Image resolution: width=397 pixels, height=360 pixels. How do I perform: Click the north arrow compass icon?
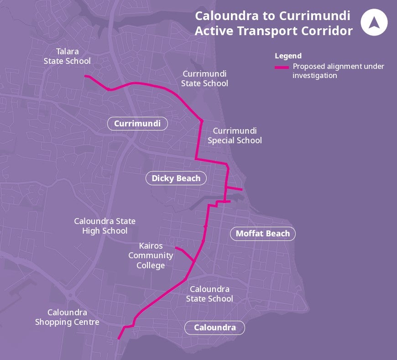click(x=374, y=22)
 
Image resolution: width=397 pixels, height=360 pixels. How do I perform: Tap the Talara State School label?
click(x=67, y=56)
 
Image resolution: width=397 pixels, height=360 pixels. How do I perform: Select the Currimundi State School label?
click(x=204, y=78)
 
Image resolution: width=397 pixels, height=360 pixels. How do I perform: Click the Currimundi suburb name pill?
click(x=137, y=124)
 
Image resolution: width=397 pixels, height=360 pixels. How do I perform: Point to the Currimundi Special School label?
click(x=235, y=136)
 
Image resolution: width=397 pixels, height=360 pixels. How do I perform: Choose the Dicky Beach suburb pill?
click(x=176, y=178)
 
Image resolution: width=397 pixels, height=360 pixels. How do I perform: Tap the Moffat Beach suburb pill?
click(x=262, y=234)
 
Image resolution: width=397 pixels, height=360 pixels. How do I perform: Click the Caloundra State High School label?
click(x=104, y=226)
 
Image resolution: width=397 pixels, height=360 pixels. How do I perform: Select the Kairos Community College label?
click(x=151, y=256)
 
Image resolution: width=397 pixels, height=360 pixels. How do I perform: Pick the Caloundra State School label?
click(x=209, y=294)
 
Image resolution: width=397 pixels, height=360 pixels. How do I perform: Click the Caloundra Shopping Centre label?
click(x=67, y=317)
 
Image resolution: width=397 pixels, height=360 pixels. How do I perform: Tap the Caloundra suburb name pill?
click(x=214, y=328)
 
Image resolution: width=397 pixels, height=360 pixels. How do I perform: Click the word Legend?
click(x=288, y=56)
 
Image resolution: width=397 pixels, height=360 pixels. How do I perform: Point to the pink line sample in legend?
click(x=282, y=67)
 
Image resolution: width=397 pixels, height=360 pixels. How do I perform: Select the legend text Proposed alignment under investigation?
click(x=338, y=71)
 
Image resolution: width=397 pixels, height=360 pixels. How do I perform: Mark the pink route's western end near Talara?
click(x=86, y=77)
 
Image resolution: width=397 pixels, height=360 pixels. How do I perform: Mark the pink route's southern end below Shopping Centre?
click(x=119, y=338)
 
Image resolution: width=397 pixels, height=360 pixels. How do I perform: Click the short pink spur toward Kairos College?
click(x=184, y=253)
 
